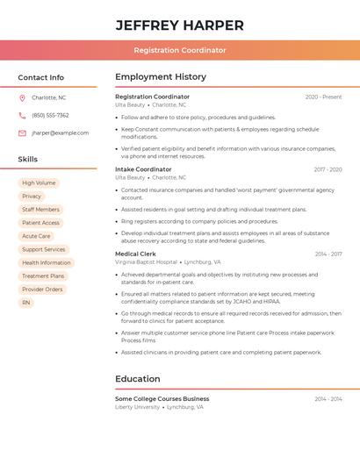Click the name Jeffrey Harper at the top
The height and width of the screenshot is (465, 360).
tap(180, 25)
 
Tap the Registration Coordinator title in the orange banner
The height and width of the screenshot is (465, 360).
tap(180, 50)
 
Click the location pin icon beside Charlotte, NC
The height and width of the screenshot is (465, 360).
tap(22, 97)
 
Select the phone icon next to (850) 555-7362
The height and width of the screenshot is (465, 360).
tap(22, 115)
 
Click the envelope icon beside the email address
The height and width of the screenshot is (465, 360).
tap(22, 133)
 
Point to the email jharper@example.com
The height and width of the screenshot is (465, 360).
tap(60, 133)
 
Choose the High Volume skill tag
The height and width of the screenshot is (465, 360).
tap(39, 183)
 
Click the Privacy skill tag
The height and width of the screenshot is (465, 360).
tap(32, 197)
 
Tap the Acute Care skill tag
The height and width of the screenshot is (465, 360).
tap(36, 236)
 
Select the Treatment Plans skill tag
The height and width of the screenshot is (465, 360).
tap(43, 276)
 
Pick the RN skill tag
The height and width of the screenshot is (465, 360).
tap(25, 303)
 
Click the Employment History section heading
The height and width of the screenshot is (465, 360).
tap(161, 77)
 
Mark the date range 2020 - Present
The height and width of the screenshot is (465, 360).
tap(323, 97)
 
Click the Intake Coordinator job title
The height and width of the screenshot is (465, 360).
tap(143, 169)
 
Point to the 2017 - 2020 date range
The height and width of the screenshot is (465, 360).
tap(328, 169)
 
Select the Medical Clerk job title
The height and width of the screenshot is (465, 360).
tap(135, 254)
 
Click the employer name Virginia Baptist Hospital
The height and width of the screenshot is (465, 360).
tap(145, 262)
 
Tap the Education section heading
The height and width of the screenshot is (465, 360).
tap(137, 379)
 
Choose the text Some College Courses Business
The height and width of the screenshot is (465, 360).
tap(162, 398)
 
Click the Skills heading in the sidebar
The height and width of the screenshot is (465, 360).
tap(28, 160)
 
